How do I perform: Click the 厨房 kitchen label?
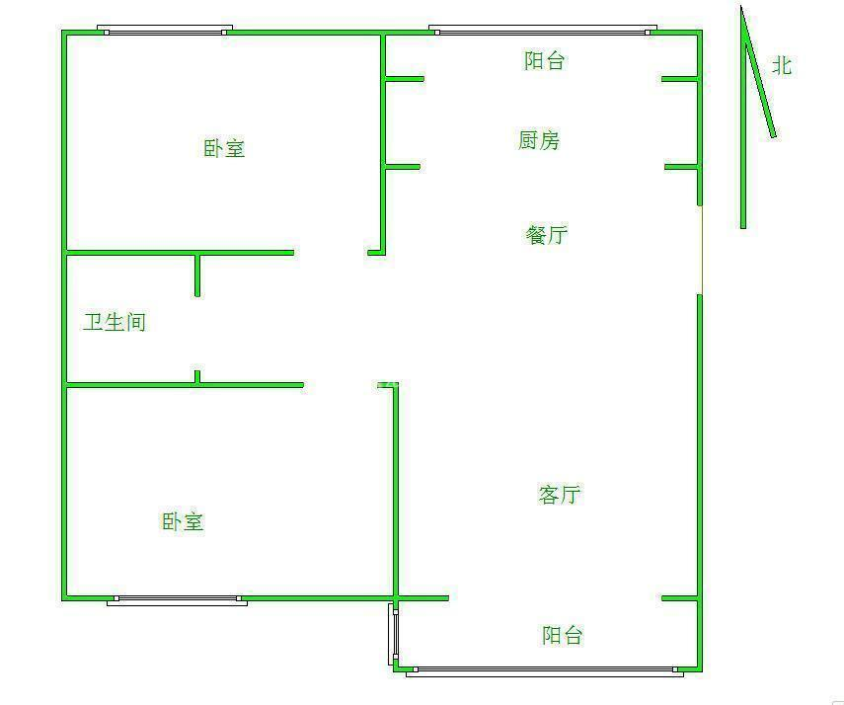coord(539,140)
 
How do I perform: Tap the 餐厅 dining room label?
coord(546,235)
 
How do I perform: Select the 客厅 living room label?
coord(560,494)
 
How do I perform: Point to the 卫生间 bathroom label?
coord(115,322)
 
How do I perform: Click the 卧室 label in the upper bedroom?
coord(224,148)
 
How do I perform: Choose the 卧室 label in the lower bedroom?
coord(183,520)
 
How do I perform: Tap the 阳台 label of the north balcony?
coord(544,60)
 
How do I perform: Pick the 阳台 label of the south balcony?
coord(562,635)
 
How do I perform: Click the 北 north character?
coord(782,66)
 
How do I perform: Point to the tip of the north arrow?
coord(741,7)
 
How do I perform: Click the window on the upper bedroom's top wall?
coord(165,31)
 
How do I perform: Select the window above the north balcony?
coord(543,31)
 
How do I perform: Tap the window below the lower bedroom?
coord(177,600)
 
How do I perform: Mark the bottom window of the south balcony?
coord(545,671)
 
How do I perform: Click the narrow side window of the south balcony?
coord(393,634)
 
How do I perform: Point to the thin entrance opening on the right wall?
coord(701,250)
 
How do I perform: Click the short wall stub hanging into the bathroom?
coord(197,274)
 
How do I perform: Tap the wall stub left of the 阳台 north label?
coord(405,79)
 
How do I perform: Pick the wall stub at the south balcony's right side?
coord(680,597)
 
